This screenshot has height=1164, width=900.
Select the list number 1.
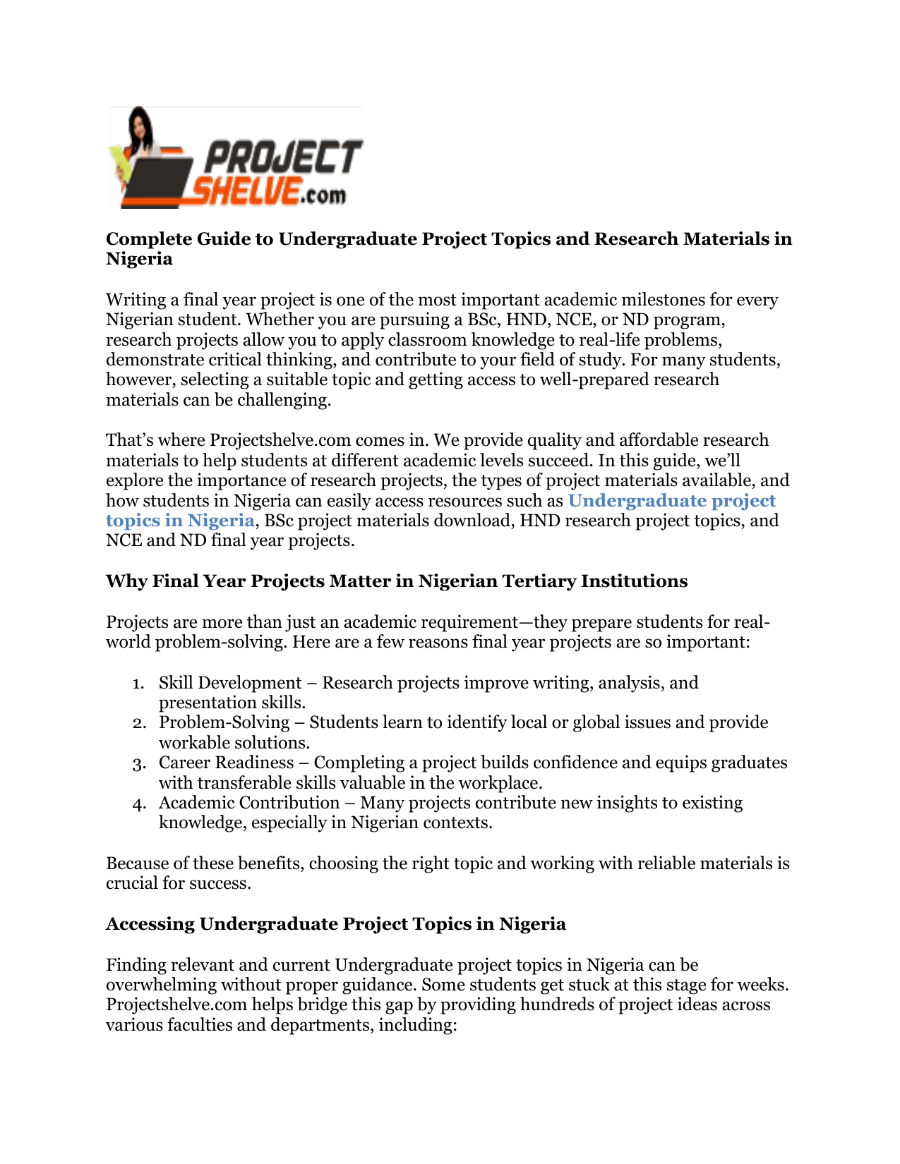138,684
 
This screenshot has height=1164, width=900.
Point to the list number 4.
138,804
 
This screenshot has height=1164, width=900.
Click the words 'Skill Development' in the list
230,683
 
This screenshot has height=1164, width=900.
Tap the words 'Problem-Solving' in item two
224,722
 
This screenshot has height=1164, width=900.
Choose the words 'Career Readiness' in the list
226,763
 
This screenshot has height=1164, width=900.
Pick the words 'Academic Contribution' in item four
249,803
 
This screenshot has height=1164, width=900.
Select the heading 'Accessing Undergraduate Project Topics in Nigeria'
335,924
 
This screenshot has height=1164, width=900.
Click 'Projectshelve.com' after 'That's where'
280,440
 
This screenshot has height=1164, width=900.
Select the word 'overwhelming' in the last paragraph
162,985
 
